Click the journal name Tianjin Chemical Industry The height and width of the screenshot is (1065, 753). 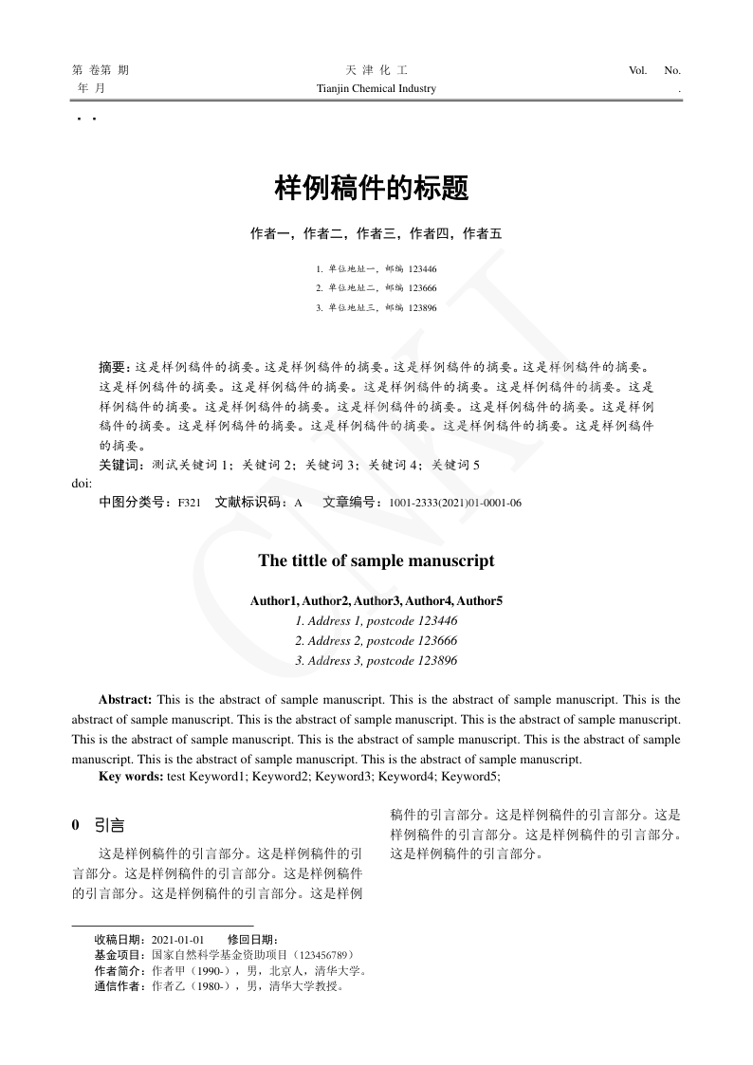point(376,89)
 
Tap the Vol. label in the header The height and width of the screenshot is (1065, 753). point(637,70)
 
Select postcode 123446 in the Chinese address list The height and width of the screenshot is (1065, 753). point(422,269)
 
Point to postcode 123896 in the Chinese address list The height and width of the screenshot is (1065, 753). point(422,308)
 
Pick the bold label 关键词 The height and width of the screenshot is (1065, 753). point(118,466)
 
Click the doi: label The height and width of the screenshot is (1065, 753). point(82,483)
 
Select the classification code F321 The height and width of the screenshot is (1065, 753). point(189,503)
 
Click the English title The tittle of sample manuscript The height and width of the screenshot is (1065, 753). point(376,560)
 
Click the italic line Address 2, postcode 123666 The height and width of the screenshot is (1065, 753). point(376,641)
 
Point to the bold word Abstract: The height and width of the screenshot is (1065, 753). point(126,700)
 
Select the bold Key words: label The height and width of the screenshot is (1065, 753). point(131,777)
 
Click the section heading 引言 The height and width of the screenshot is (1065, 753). point(110,825)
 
